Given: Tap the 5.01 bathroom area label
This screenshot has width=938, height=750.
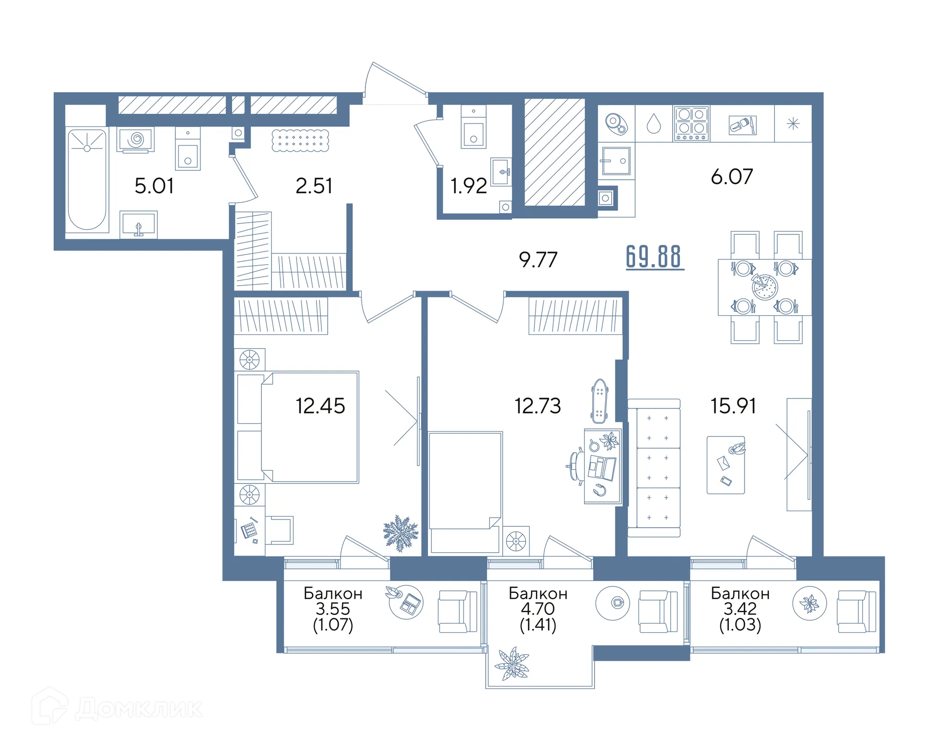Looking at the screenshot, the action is pyautogui.click(x=154, y=186).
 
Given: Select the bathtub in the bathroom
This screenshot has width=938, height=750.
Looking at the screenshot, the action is pyautogui.click(x=87, y=179).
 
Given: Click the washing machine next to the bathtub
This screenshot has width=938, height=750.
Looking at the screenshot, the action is pyautogui.click(x=136, y=140).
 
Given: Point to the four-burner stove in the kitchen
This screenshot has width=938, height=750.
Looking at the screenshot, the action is pyautogui.click(x=691, y=124).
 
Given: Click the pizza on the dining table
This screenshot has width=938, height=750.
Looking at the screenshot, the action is pyautogui.click(x=764, y=287).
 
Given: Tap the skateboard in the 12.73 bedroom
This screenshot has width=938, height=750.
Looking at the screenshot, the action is pyautogui.click(x=599, y=401).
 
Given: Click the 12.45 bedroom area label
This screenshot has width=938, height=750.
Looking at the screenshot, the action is pyautogui.click(x=320, y=406).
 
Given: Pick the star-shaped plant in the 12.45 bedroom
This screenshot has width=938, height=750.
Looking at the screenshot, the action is pyautogui.click(x=401, y=533).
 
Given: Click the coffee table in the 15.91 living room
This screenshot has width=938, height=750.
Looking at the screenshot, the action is pyautogui.click(x=726, y=465).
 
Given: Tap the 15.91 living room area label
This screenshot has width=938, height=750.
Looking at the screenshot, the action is pyautogui.click(x=733, y=406).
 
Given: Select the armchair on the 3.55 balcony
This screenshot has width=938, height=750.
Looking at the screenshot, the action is pyautogui.click(x=457, y=611).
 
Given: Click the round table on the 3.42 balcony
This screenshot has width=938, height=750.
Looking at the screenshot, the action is pyautogui.click(x=810, y=604).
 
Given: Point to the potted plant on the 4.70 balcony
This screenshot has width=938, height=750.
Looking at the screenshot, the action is pyautogui.click(x=512, y=664).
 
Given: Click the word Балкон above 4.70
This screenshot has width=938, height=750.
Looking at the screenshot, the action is pyautogui.click(x=538, y=593).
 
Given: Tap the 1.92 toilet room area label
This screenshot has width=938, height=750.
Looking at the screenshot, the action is pyautogui.click(x=469, y=186).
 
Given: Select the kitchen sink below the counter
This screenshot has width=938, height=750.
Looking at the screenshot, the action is pyautogui.click(x=616, y=161).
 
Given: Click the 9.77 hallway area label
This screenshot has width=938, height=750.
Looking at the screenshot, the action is pyautogui.click(x=538, y=260).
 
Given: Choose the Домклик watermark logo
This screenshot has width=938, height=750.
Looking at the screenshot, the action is pyautogui.click(x=117, y=707).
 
